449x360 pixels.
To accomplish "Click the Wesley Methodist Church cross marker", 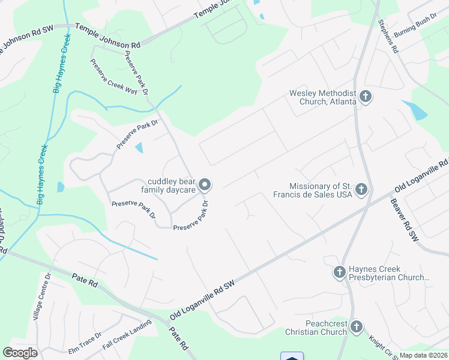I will pyautogui.click(x=364, y=96).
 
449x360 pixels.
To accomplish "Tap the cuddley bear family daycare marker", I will pyautogui.click(x=205, y=185).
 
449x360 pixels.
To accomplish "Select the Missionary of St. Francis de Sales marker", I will pyautogui.click(x=361, y=190).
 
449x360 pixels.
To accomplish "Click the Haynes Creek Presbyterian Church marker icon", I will pyautogui.click(x=339, y=272).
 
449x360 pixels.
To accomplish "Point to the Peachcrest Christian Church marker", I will pyautogui.click(x=357, y=327).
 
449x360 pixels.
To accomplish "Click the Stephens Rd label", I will pyautogui.click(x=388, y=37).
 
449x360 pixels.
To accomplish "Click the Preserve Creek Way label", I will pyautogui.click(x=114, y=76).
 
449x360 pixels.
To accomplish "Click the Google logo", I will pyautogui.click(x=20, y=353).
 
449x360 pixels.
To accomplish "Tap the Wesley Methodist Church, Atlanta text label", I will pyautogui.click(x=323, y=97).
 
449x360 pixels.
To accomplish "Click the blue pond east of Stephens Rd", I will pyautogui.click(x=415, y=110).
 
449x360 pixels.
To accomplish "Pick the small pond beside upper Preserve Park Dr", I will pyautogui.click(x=140, y=148).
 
